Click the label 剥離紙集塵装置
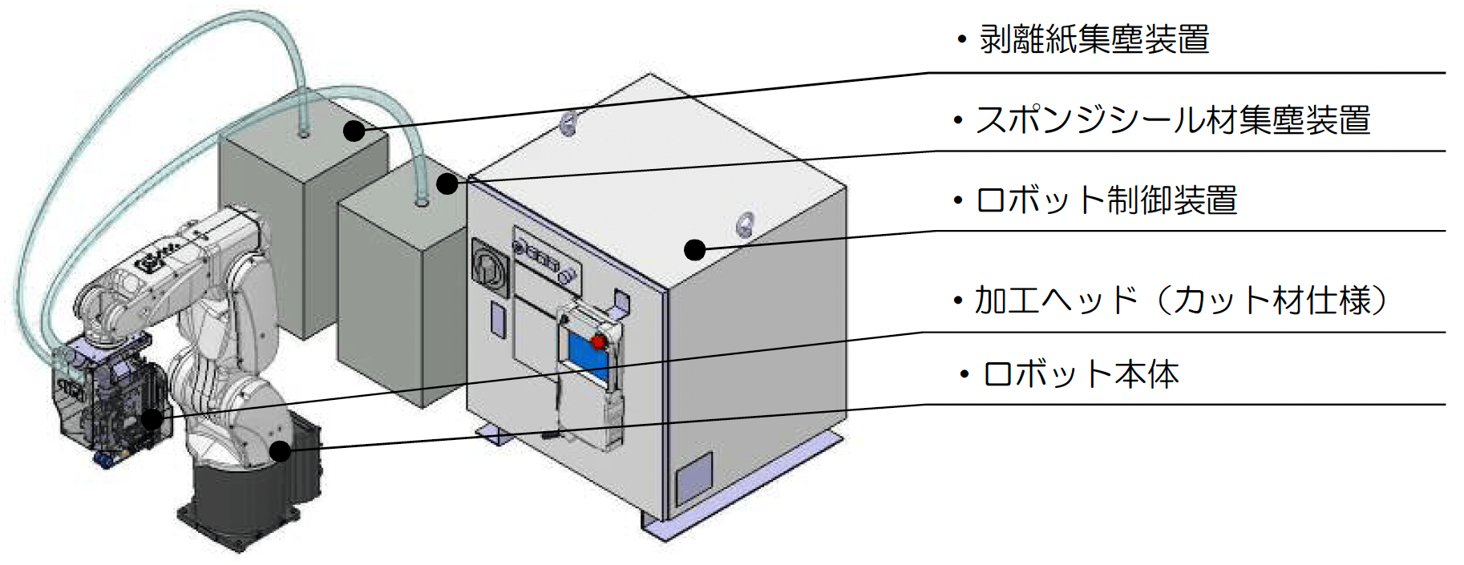[x=1094, y=39]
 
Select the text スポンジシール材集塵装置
[x=1172, y=120]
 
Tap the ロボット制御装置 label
[x=1106, y=200]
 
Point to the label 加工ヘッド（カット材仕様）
[x=1180, y=301]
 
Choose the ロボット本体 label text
[x=1081, y=374]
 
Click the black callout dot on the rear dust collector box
[x=354, y=130]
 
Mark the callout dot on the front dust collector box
[x=447, y=184]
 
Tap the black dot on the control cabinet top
[x=694, y=249]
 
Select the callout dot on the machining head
[x=152, y=418]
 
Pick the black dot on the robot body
[x=280, y=450]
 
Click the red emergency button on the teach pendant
[x=598, y=342]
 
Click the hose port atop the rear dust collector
[x=303, y=132]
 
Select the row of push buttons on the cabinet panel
[x=541, y=257]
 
